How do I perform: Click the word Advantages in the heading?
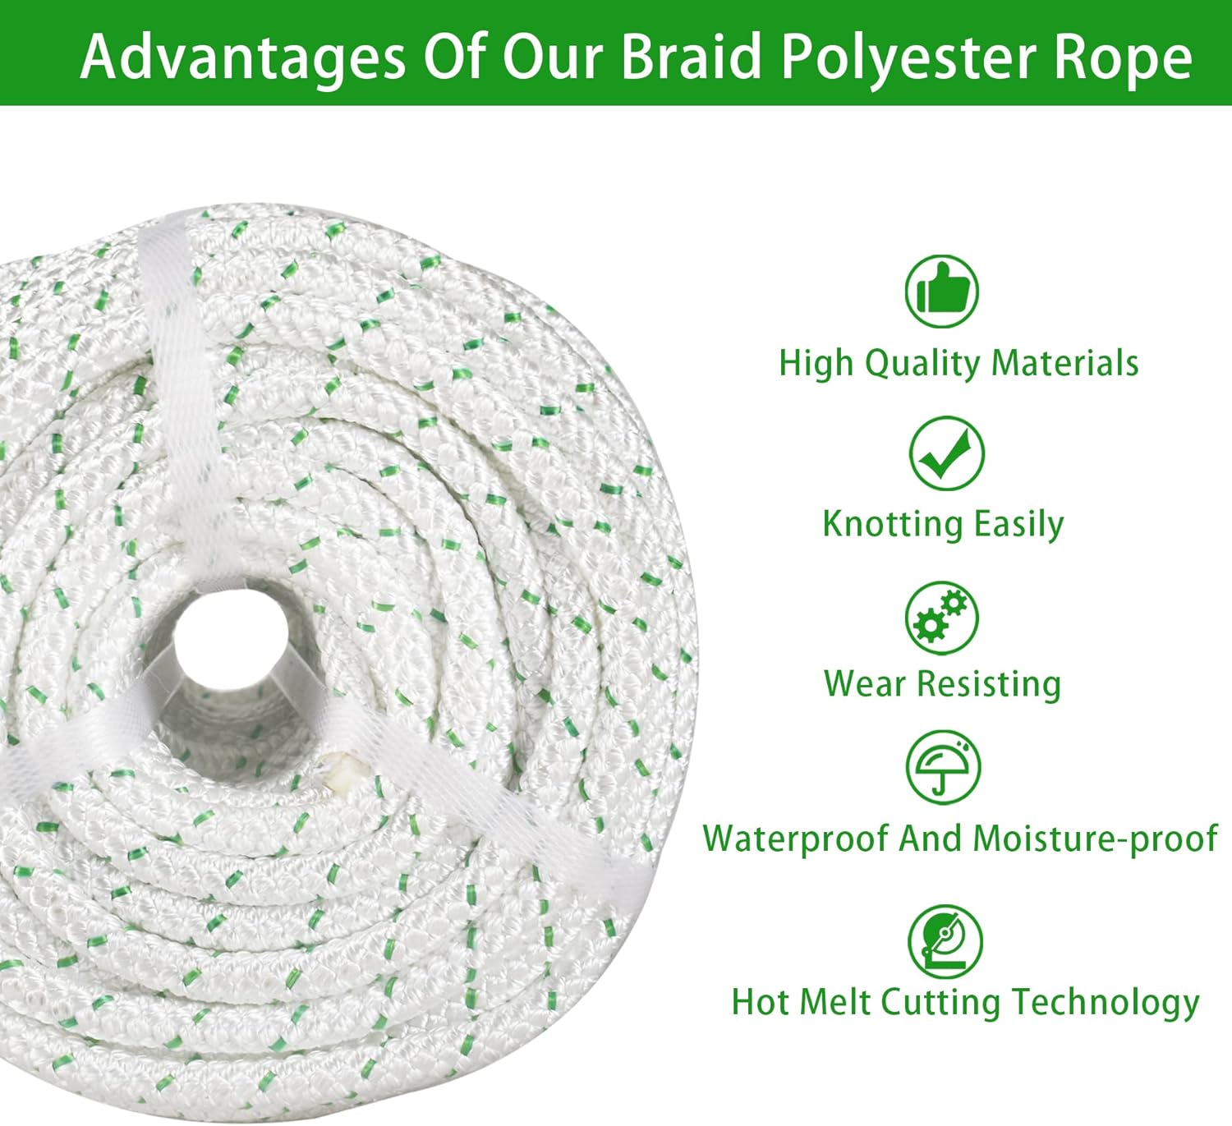coord(242,57)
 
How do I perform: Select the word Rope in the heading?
coord(1127,57)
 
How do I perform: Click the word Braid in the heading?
coord(692,57)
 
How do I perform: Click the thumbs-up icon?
coord(942,292)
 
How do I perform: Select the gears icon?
coord(942,618)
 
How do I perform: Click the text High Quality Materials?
coord(958,364)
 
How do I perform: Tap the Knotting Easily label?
coord(943,524)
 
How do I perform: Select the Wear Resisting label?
coord(942,684)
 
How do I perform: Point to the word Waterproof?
coord(796,839)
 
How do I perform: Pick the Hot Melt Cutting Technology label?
coord(965,1003)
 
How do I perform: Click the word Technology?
coord(1105,1003)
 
